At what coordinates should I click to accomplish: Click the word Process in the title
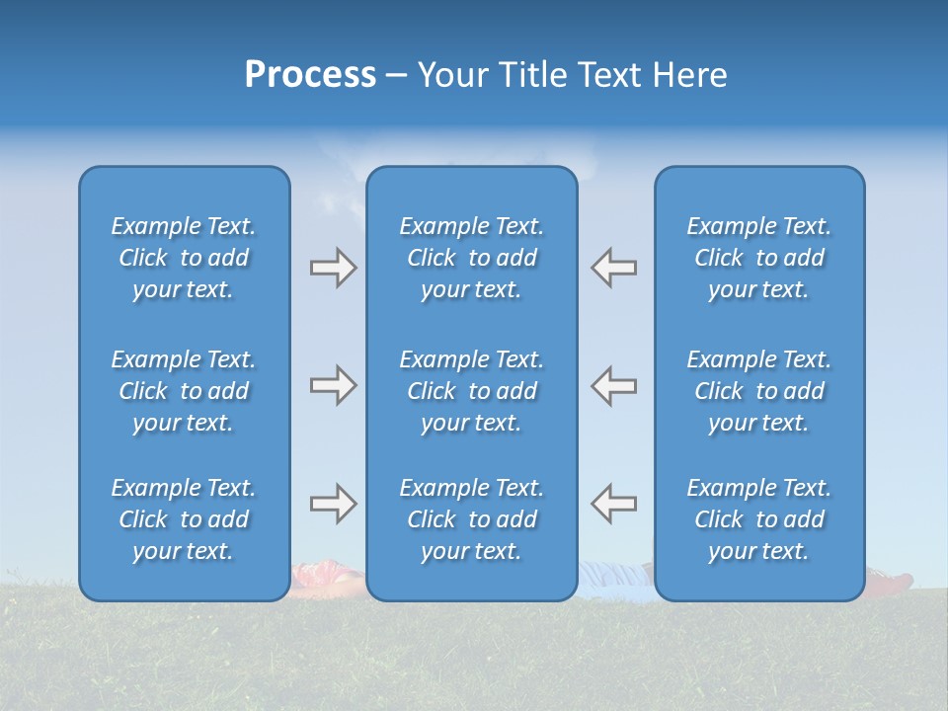[310, 75]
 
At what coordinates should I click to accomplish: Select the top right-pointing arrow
[333, 268]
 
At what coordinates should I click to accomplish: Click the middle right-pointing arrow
[333, 385]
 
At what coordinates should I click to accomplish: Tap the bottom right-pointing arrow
[333, 504]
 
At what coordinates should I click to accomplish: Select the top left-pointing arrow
[614, 268]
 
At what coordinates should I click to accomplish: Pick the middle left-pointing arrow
[614, 385]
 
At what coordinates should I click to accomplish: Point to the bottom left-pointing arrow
[614, 504]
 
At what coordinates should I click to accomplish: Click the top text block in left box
[184, 258]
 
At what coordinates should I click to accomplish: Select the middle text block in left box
[184, 391]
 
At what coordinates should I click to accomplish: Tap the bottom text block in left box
[184, 519]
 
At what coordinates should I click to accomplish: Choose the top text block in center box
[471, 258]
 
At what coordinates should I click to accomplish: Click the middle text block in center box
[471, 391]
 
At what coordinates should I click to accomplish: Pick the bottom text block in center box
[471, 519]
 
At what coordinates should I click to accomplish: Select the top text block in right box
[758, 258]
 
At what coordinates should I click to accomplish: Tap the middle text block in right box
[758, 391]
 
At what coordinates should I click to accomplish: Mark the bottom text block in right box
[758, 519]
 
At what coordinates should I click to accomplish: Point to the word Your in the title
[452, 75]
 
